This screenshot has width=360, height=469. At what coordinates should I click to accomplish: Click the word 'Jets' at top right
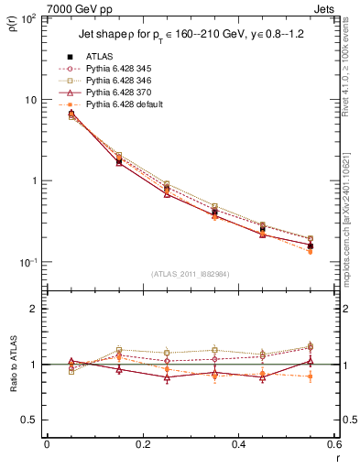point(327,8)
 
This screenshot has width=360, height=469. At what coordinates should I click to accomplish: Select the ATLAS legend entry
point(101,57)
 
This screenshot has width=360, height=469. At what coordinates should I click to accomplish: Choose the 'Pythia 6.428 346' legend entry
point(116,82)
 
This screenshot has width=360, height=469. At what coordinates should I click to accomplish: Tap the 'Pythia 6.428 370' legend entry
point(116,93)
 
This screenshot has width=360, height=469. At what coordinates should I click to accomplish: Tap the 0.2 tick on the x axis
point(142,445)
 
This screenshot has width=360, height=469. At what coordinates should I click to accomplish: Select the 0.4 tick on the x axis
point(238,445)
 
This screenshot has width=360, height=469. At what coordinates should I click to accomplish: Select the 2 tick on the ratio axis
point(34,309)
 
